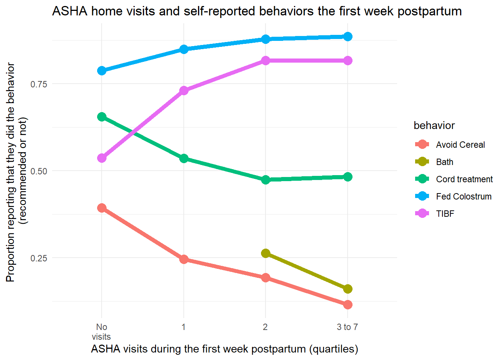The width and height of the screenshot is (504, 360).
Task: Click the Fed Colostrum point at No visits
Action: coord(102,70)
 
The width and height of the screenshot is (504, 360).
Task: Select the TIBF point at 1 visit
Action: coord(184,91)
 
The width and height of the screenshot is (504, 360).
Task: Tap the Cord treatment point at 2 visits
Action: coord(265,180)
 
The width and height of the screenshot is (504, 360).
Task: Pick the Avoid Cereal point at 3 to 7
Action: coord(348,304)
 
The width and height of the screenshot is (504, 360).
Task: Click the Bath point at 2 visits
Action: coord(265,253)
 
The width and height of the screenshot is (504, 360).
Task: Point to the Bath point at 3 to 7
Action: coord(348,289)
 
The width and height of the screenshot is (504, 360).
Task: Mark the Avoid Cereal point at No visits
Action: coord(102,208)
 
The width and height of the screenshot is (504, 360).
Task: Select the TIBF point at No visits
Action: coord(102,158)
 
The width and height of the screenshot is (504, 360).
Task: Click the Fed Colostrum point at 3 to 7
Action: coord(348,36)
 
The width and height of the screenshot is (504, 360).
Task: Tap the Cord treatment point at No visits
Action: coord(102,117)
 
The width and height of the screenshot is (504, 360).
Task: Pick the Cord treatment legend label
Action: coord(464,179)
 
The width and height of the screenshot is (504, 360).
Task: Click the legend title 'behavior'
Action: coord(434,126)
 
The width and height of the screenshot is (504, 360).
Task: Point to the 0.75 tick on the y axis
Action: coord(39,84)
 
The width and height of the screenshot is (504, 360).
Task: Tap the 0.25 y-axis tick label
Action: coord(39,258)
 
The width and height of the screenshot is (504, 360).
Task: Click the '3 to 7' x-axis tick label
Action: coord(347,327)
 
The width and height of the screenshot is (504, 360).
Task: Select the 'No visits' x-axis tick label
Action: coord(101,331)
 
